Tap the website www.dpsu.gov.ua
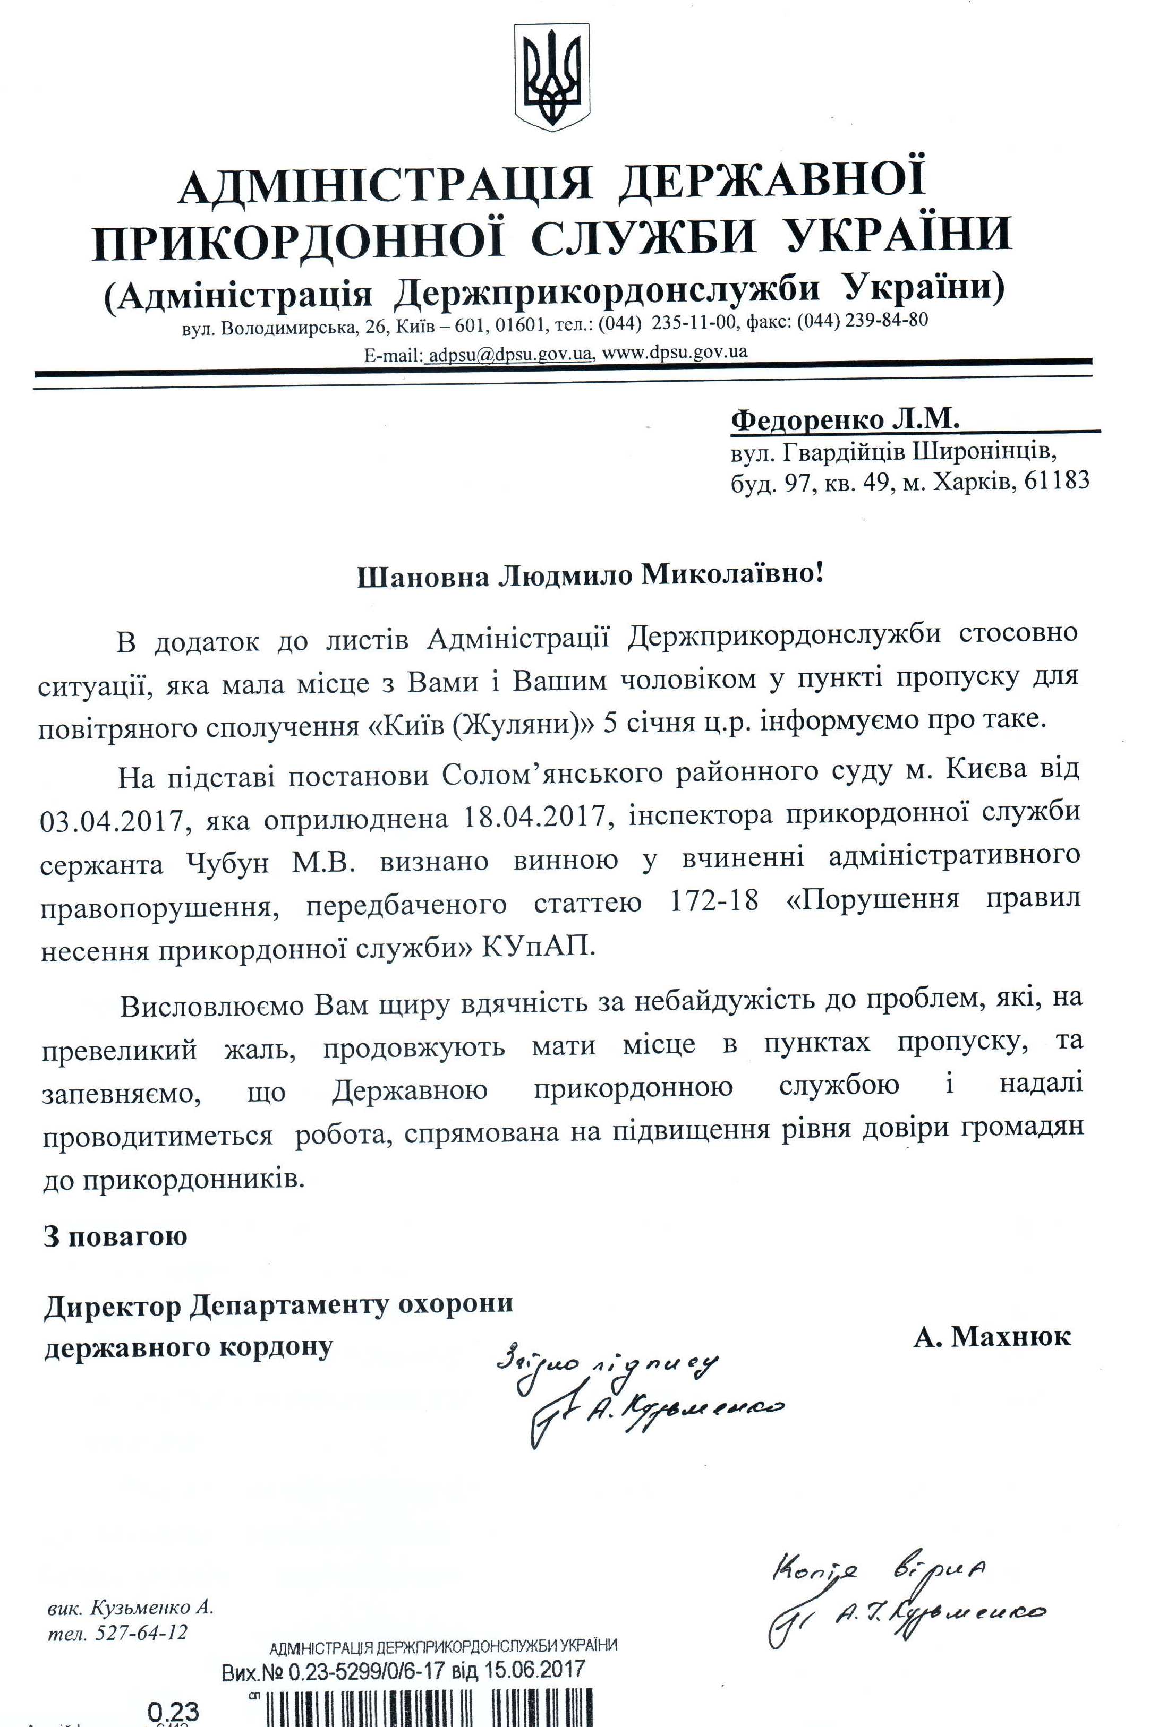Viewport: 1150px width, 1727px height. point(674,352)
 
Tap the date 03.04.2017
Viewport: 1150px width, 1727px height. point(110,819)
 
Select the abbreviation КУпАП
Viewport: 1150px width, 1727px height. point(537,947)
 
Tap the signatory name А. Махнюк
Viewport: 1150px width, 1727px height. point(992,1336)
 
